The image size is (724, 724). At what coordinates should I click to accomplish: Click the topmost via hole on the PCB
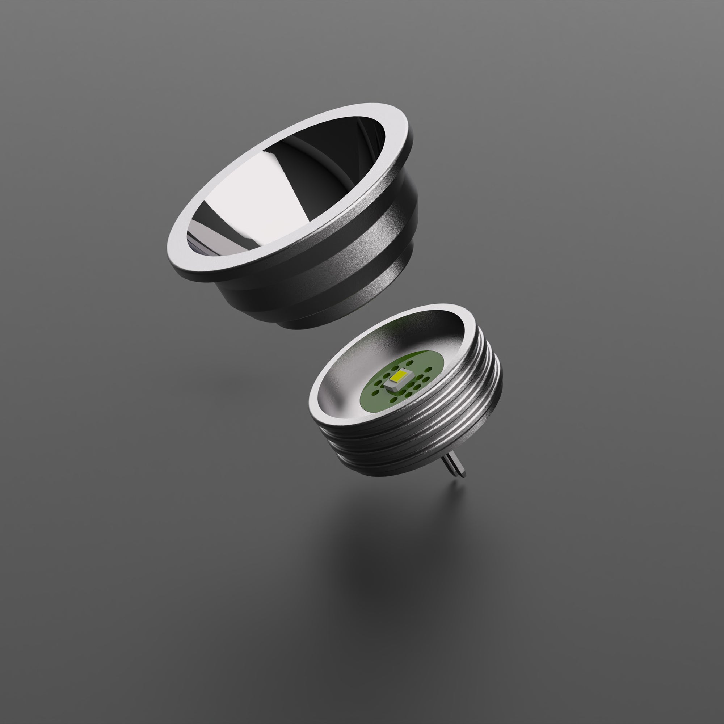tap(410, 363)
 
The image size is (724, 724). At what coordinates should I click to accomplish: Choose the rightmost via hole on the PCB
tap(428, 370)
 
